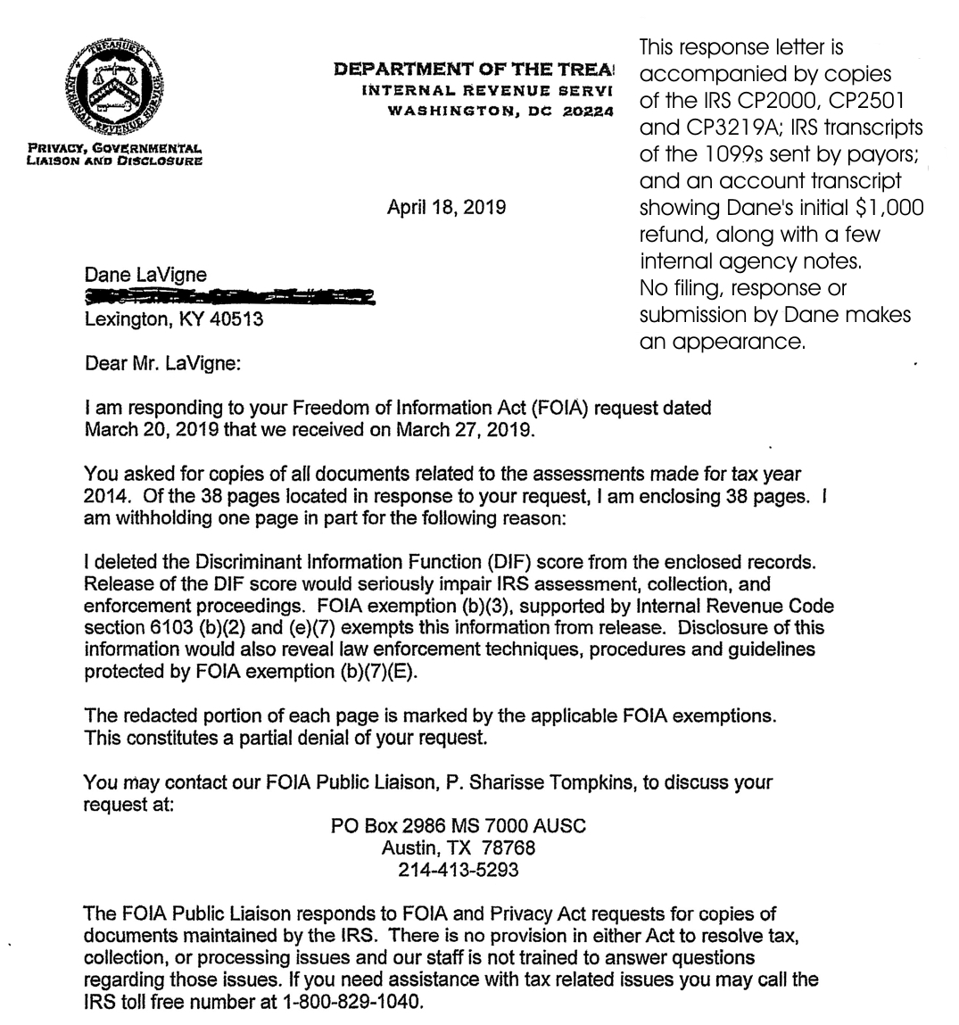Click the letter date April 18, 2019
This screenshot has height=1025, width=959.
(446, 208)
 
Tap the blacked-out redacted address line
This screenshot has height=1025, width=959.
(227, 297)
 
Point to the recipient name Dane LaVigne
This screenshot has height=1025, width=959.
(145, 276)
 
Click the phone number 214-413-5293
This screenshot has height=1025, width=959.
(458, 869)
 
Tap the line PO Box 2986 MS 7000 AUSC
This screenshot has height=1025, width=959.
(459, 826)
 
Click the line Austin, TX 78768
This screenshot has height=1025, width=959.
(459, 847)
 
